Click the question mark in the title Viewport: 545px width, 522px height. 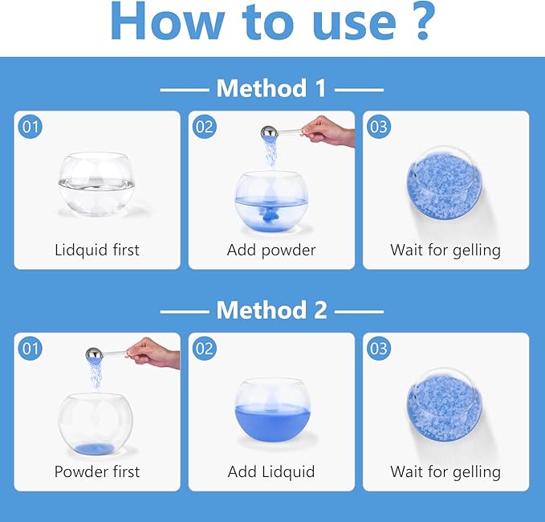(x=421, y=21)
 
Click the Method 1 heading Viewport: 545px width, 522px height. (x=271, y=88)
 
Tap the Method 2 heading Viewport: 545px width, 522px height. (x=271, y=310)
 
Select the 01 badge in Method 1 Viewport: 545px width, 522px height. (x=31, y=127)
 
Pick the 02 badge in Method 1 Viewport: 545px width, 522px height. (x=205, y=127)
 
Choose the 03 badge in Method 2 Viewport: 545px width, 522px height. (x=379, y=349)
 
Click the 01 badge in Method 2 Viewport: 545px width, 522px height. (x=31, y=349)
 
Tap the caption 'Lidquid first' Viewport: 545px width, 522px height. (x=97, y=251)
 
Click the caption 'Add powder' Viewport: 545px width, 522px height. (x=271, y=251)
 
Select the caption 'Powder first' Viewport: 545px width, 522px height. (x=97, y=472)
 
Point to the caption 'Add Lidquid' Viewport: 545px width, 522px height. (x=271, y=472)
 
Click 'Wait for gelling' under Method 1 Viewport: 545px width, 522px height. (x=445, y=251)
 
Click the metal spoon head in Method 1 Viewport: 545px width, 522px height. (x=270, y=133)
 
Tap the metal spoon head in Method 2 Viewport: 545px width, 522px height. (x=95, y=355)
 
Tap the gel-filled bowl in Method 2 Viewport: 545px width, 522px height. (x=445, y=405)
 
